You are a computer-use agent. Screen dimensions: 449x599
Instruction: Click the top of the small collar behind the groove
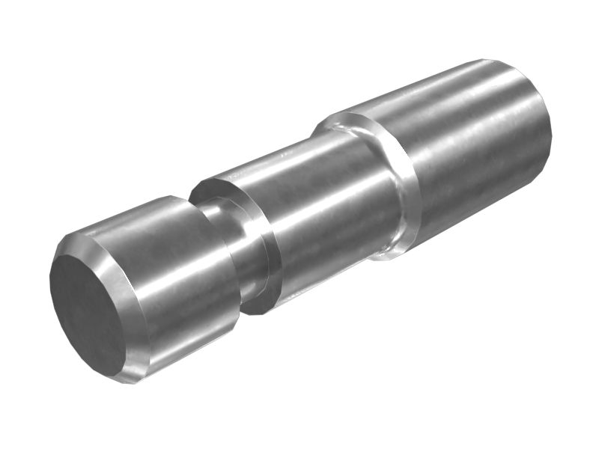(x=217, y=183)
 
